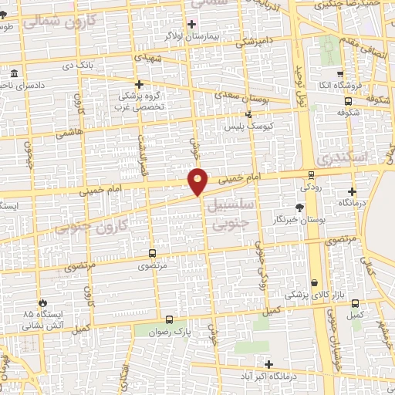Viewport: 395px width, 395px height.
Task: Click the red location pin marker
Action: pos(198,181)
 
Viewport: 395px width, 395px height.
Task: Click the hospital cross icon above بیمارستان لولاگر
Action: pos(192,24)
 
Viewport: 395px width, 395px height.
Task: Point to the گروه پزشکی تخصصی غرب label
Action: pos(140,102)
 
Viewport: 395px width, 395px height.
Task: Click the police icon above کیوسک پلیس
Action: pos(248,113)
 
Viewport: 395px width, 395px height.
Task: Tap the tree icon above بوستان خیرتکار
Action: pos(299,208)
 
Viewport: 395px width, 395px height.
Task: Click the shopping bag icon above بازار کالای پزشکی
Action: pos(315,282)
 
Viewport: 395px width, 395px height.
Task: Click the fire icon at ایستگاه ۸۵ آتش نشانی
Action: pos(42,303)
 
